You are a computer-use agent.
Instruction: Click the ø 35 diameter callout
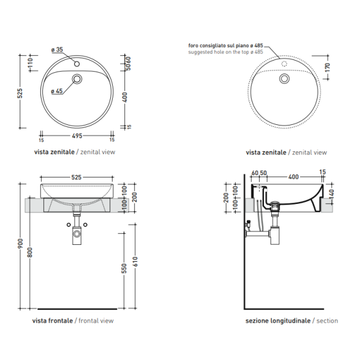tap(57, 50)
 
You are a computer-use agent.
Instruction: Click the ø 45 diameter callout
tap(57, 91)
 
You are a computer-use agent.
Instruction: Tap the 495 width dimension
tap(77, 136)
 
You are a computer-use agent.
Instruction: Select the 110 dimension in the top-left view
tap(30, 63)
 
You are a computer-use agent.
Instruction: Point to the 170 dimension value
tap(328, 68)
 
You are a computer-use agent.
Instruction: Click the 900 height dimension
tap(20, 244)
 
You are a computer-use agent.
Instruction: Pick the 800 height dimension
tap(30, 252)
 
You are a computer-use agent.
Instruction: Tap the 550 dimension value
tap(124, 268)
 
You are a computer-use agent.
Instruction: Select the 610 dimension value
tap(135, 262)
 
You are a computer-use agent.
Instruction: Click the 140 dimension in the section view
tap(332, 194)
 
